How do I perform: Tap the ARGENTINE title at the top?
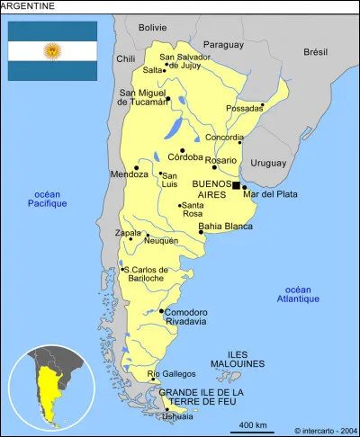tap(29, 6)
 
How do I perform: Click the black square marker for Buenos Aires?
tap(236, 185)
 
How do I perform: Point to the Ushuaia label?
tap(177, 415)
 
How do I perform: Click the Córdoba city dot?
tap(183, 151)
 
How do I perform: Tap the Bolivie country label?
tap(153, 28)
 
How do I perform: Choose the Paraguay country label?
tap(223, 44)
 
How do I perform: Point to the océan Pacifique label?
tap(47, 199)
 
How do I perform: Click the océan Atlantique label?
tap(297, 294)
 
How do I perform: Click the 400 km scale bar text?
tap(252, 424)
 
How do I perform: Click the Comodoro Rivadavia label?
tap(185, 317)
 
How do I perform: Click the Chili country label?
tap(125, 58)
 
